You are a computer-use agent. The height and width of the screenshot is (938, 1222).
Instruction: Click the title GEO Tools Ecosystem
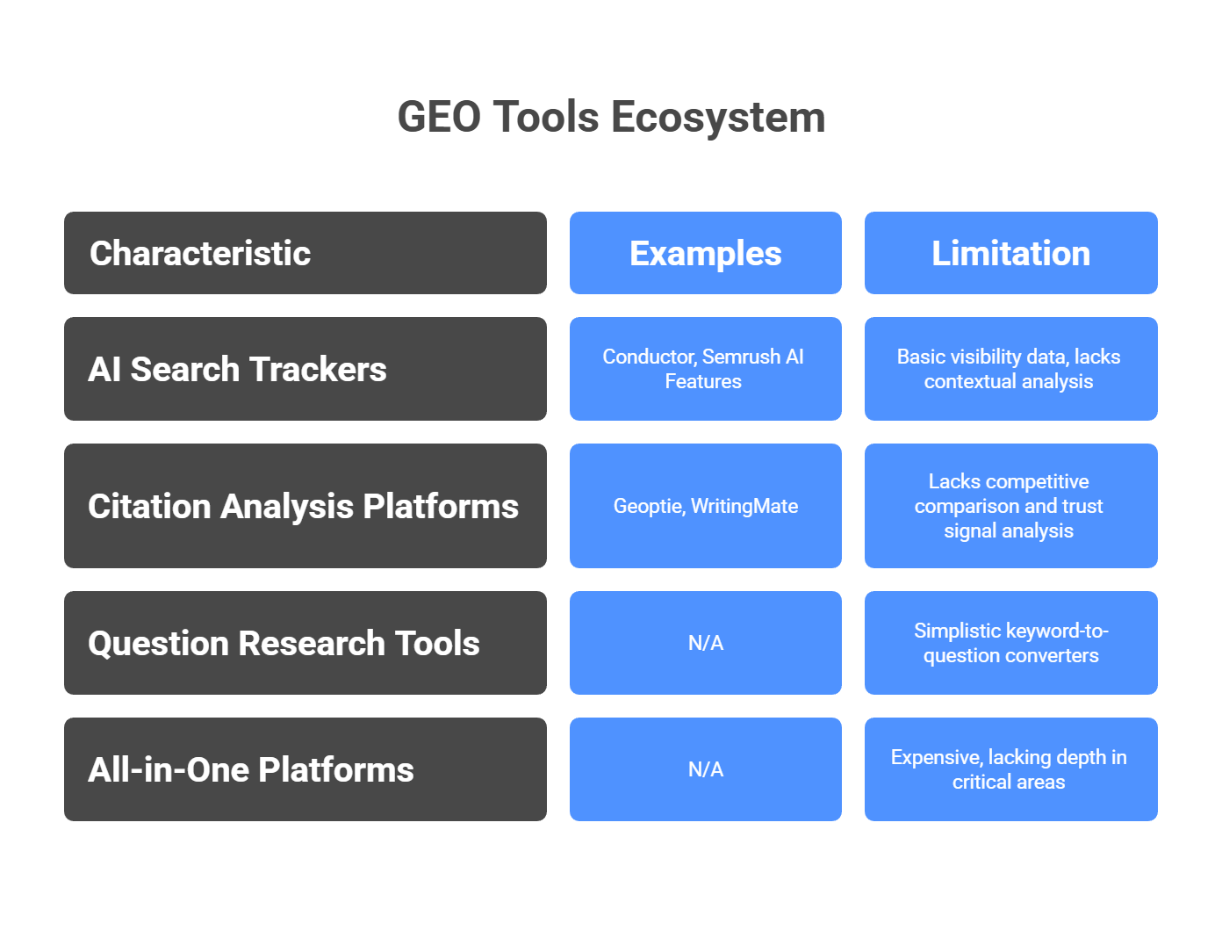click(x=611, y=118)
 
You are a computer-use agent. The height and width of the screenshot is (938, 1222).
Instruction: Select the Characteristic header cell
click(x=305, y=253)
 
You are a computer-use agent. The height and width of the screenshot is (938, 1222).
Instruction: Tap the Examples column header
click(x=705, y=253)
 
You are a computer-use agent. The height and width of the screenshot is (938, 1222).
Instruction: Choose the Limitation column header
click(x=1010, y=253)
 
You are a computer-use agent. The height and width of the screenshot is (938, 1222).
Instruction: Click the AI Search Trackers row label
click(x=305, y=369)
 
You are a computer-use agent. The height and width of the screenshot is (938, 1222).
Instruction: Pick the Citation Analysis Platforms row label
click(x=305, y=506)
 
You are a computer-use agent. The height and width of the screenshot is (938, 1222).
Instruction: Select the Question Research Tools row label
click(x=305, y=643)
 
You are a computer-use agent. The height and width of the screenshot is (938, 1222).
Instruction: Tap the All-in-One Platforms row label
click(x=305, y=769)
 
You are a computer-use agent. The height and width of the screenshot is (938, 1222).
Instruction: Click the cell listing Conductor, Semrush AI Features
click(x=705, y=369)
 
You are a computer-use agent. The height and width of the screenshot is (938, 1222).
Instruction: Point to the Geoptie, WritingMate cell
click(x=705, y=506)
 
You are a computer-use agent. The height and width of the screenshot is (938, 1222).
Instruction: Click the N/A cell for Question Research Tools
click(x=705, y=643)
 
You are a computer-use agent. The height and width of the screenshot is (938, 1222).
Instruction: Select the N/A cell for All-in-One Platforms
click(x=705, y=769)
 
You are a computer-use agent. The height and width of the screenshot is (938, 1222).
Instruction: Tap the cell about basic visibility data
click(x=1010, y=369)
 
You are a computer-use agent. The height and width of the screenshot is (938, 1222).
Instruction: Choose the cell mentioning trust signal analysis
click(x=1010, y=506)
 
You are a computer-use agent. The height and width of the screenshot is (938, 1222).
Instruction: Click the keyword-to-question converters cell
click(x=1010, y=643)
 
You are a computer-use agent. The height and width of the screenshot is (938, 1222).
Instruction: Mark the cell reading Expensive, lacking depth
click(x=1010, y=769)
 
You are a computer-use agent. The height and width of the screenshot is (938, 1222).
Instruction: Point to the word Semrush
click(x=741, y=357)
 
